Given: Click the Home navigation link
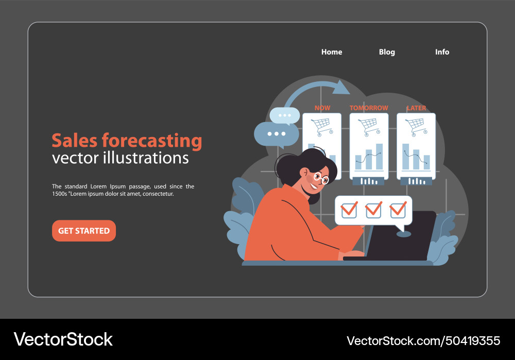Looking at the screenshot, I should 332,52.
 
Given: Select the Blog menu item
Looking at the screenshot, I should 387,52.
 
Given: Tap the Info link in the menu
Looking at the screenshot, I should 442,52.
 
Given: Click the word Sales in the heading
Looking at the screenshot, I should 74,140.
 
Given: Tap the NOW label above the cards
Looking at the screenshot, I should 322,108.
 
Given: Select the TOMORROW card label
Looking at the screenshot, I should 369,108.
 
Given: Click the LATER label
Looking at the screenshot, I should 416,108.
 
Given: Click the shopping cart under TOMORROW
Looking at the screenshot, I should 369,126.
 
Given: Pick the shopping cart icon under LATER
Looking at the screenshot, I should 416,126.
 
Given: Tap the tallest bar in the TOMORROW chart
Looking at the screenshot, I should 380,157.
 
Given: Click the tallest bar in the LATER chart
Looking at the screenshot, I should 406,157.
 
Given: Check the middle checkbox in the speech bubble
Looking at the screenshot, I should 373,210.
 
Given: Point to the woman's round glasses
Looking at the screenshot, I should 321,178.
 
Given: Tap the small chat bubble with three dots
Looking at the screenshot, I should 285,115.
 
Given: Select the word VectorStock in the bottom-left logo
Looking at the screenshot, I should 63,339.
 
